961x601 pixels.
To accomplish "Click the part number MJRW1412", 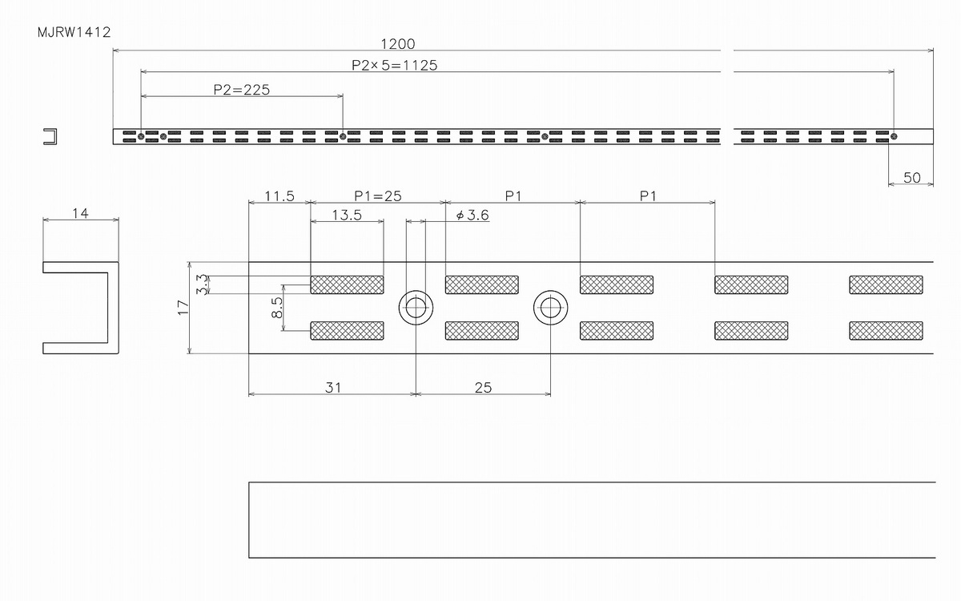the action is [74, 32].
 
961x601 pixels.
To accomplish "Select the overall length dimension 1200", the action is [398, 44].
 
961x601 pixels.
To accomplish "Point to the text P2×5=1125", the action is [394, 65].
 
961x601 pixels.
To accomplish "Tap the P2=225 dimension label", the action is [242, 90].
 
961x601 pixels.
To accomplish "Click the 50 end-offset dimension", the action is [911, 177].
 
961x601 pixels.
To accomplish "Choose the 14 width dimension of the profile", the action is [80, 213].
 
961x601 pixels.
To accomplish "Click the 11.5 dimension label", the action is [279, 196].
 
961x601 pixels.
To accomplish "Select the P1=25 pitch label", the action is [377, 196].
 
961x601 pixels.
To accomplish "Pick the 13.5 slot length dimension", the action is [347, 215].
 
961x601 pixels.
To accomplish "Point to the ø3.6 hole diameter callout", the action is [472, 215].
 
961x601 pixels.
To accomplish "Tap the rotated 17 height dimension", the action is [183, 308].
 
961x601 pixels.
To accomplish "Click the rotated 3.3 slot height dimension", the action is [202, 284].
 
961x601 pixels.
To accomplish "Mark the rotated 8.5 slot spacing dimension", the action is [277, 308].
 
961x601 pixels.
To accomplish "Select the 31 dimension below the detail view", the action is [333, 388].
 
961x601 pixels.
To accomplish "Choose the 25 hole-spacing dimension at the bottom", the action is [483, 388].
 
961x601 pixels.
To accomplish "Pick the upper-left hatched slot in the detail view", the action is [347, 284].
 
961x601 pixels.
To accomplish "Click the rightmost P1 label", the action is [648, 196].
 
